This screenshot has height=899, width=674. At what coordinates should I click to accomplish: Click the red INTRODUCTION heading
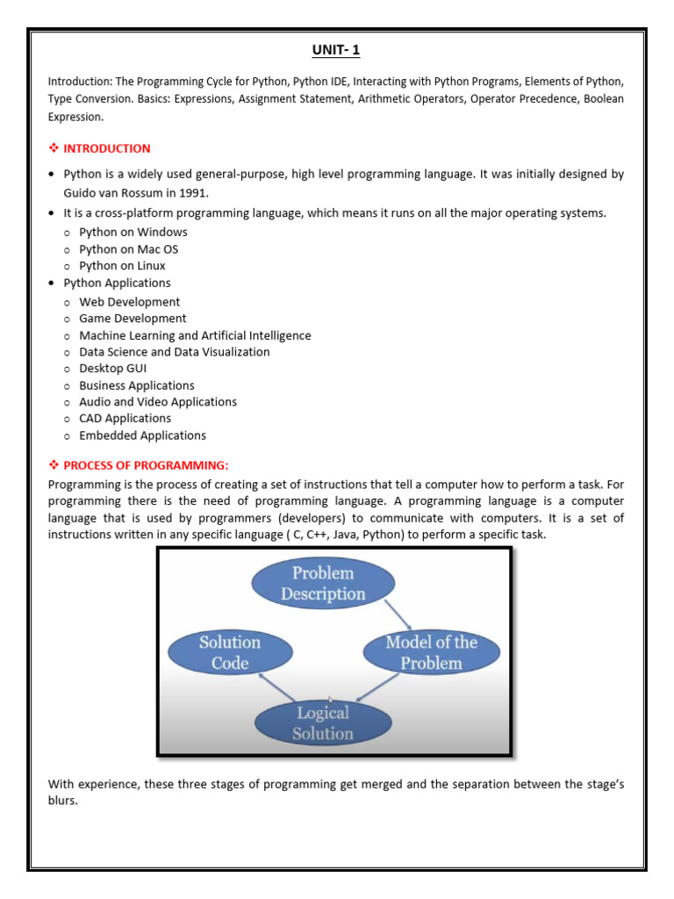[106, 148]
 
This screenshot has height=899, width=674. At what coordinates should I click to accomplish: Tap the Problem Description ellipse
[323, 584]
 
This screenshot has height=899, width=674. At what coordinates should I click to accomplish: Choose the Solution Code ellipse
[230, 653]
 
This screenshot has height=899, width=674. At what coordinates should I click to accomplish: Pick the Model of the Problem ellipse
[431, 653]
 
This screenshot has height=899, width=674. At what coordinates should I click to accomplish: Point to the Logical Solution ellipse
[323, 723]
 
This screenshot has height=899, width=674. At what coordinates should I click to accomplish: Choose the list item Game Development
[133, 319]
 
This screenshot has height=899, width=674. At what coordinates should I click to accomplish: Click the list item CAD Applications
[125, 419]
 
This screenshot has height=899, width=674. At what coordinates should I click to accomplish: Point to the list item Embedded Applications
[142, 435]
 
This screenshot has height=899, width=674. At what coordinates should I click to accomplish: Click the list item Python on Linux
[122, 266]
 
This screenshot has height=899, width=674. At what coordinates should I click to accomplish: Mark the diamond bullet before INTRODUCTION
[53, 148]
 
